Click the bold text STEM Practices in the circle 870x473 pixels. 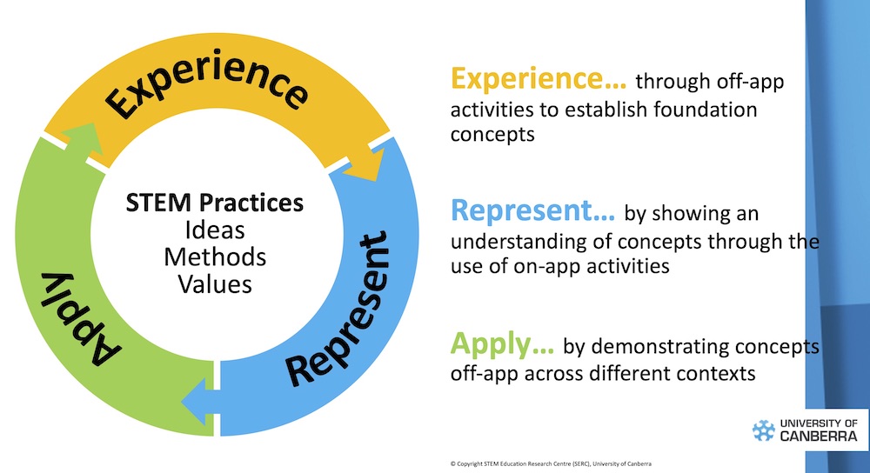pyautogui.click(x=215, y=203)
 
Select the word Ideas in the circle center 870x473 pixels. pyautogui.click(x=215, y=230)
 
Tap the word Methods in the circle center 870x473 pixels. pyautogui.click(x=215, y=257)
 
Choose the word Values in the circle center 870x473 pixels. pyautogui.click(x=215, y=283)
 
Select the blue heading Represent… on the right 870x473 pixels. pyautogui.click(x=532, y=212)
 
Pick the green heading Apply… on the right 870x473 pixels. pyautogui.click(x=502, y=345)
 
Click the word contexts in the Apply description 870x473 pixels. pyautogui.click(x=712, y=375)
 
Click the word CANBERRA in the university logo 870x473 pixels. pyautogui.click(x=818, y=436)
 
